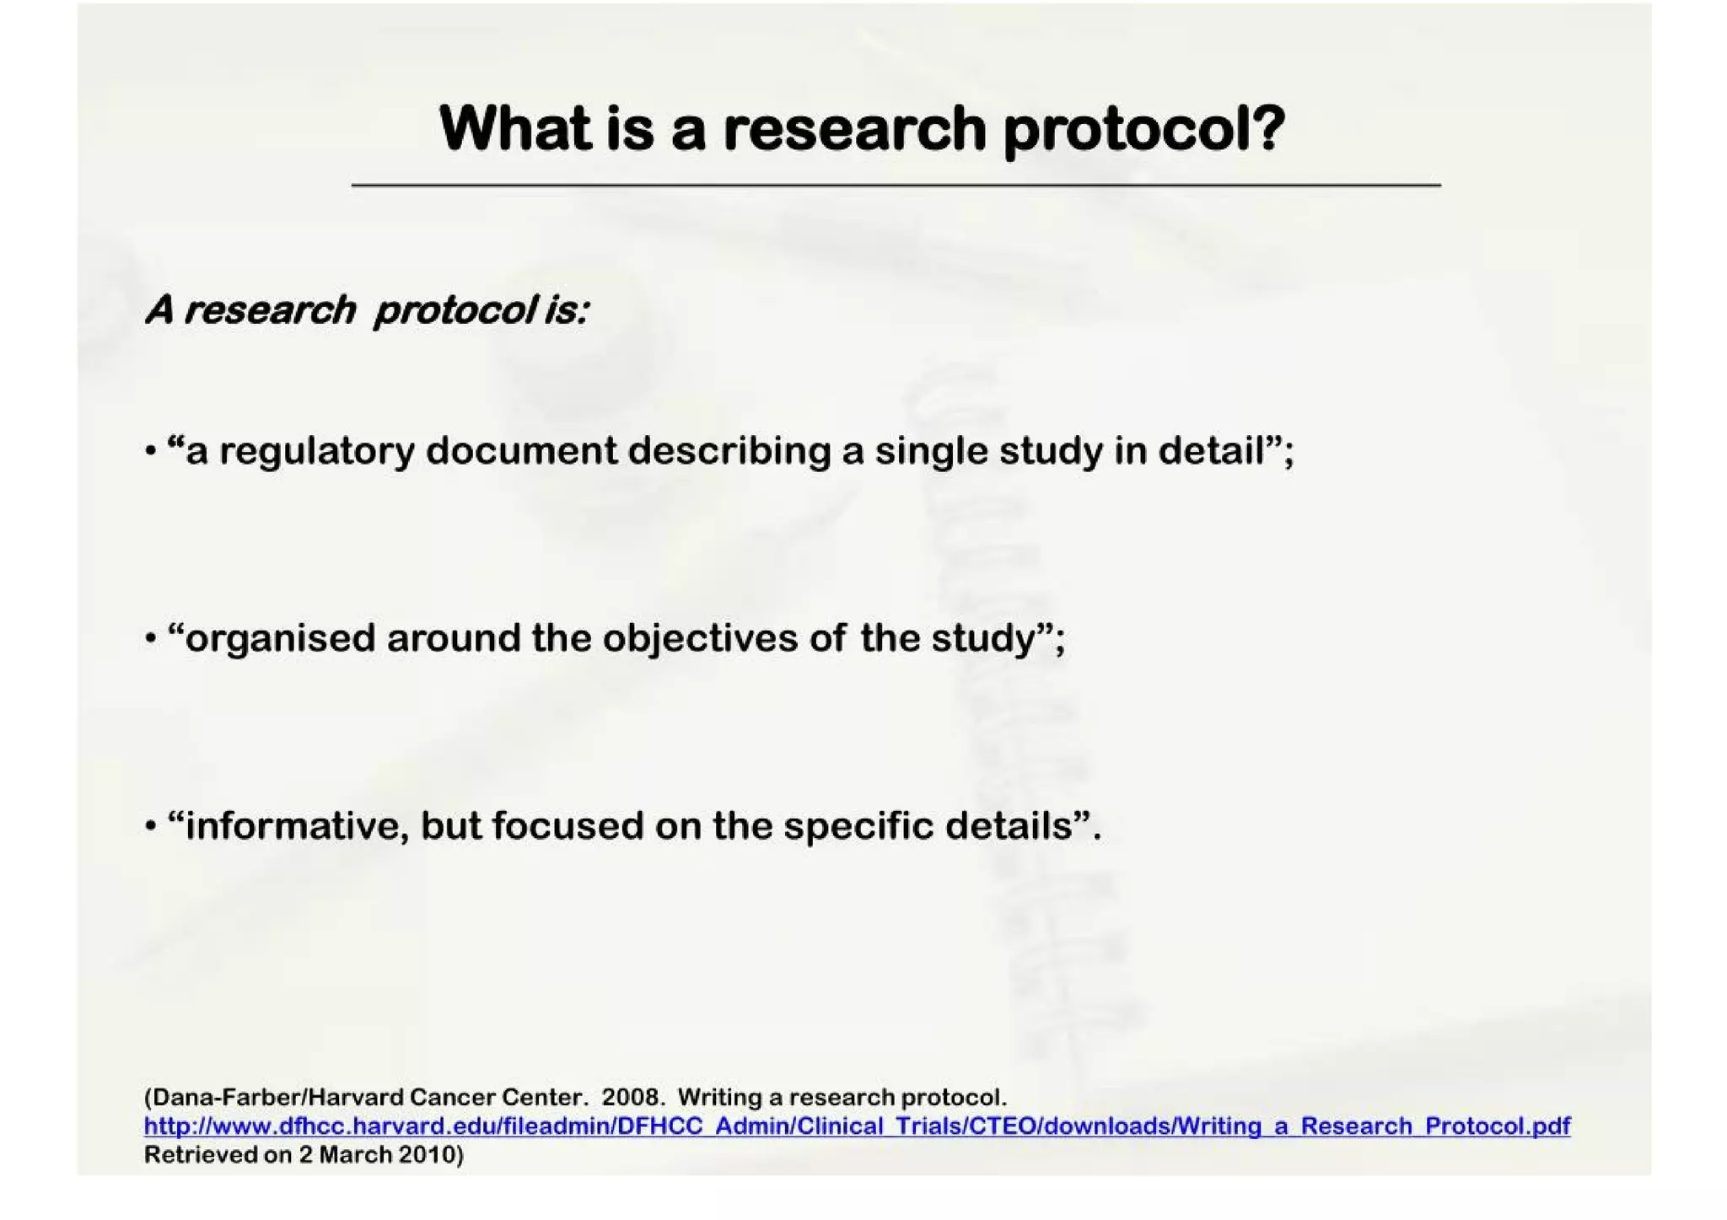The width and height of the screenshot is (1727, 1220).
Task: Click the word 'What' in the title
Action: click(515, 129)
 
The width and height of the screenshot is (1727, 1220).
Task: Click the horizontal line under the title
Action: click(896, 185)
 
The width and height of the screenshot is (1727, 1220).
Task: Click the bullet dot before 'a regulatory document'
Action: click(150, 452)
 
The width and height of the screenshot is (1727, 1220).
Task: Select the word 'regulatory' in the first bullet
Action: click(316, 452)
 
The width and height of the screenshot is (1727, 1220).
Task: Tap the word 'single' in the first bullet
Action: click(931, 452)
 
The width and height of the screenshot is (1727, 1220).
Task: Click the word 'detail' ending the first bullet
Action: click(1212, 450)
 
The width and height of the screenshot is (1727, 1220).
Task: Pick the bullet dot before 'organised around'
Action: click(150, 639)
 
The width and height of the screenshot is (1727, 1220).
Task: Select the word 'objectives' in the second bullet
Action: click(699, 639)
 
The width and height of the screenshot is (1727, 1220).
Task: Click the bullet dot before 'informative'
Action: click(150, 826)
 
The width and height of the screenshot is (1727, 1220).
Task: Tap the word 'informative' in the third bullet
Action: click(292, 826)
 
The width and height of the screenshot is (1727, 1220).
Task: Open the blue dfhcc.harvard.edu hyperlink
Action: click(857, 1126)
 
